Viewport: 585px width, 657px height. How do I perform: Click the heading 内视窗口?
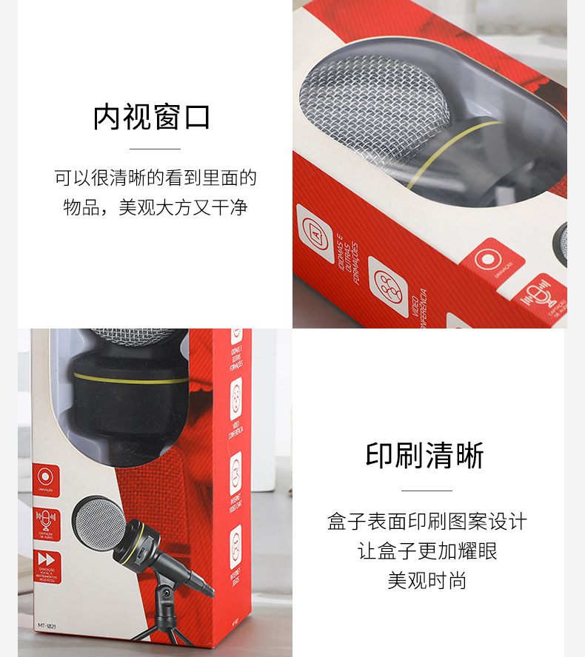(x=152, y=118)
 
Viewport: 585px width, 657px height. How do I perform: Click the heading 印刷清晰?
(x=425, y=456)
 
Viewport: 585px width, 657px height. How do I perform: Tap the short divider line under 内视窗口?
(x=155, y=149)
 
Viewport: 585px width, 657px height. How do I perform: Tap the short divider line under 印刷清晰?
(x=427, y=491)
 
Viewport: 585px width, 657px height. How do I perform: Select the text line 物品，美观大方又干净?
(x=155, y=208)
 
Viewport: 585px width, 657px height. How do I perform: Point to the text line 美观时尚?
(x=427, y=581)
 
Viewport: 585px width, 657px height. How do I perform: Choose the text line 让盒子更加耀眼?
(x=427, y=551)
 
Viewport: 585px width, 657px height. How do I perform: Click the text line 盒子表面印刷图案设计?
(x=427, y=522)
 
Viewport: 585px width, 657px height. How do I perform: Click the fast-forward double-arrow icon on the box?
(x=47, y=560)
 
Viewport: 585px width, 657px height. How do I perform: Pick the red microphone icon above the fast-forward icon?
(x=47, y=519)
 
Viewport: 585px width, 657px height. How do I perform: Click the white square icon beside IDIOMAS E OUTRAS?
(x=315, y=234)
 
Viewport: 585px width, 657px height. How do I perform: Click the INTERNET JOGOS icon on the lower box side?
(x=235, y=547)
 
